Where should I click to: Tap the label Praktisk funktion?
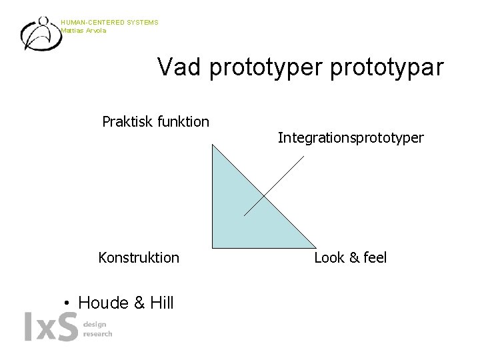pos(155,121)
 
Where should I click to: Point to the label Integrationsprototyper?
pos(350,138)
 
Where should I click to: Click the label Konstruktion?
pos(139,257)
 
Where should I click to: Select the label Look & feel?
pos(350,257)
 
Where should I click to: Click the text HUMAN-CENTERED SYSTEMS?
pos(109,23)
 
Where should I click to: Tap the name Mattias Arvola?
pos(83,30)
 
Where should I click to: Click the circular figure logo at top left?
pos(40,33)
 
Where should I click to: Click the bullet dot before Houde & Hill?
pos(67,304)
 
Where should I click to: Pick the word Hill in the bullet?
pos(160,303)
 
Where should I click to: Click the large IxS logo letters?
pos(51,327)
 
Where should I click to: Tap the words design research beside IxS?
pos(97,329)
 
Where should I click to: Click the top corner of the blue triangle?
pos(212,145)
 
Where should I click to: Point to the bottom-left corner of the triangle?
pos(212,247)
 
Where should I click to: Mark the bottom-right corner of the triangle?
pos(314,247)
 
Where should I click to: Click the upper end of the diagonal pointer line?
pos(305,157)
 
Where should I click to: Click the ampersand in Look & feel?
pos(351,257)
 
